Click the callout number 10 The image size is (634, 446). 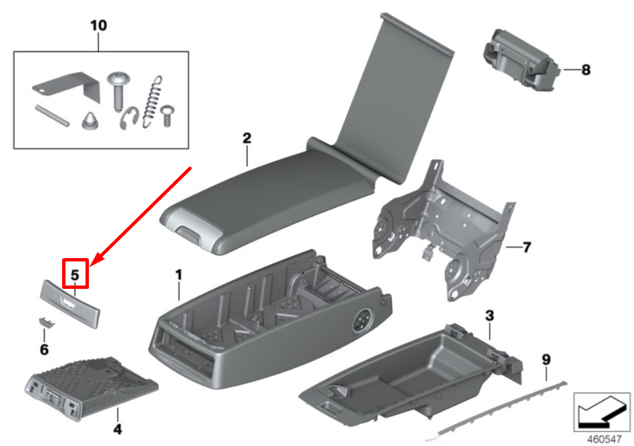(99, 25)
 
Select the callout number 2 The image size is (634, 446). (247, 138)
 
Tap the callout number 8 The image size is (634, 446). (586, 70)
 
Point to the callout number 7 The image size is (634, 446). (526, 247)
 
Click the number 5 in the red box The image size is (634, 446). (75, 275)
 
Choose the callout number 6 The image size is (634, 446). (45, 349)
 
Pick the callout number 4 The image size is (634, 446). (118, 429)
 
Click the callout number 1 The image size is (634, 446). (179, 275)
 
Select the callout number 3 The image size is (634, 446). (489, 316)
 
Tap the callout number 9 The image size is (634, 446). (546, 359)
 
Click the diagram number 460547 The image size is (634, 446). (604, 439)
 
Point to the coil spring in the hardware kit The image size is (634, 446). (152, 102)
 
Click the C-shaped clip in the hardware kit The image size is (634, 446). (129, 118)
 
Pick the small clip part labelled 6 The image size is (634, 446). (47, 322)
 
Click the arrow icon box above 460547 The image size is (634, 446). (602, 412)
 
